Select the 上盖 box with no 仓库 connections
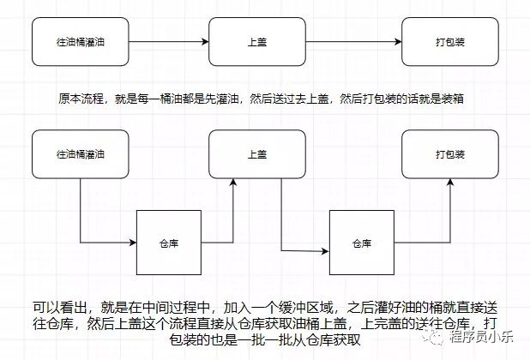coord(256,41)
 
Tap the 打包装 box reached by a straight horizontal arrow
coord(451,41)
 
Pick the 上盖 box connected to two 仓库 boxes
coord(256,155)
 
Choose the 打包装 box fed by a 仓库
coord(451,155)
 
